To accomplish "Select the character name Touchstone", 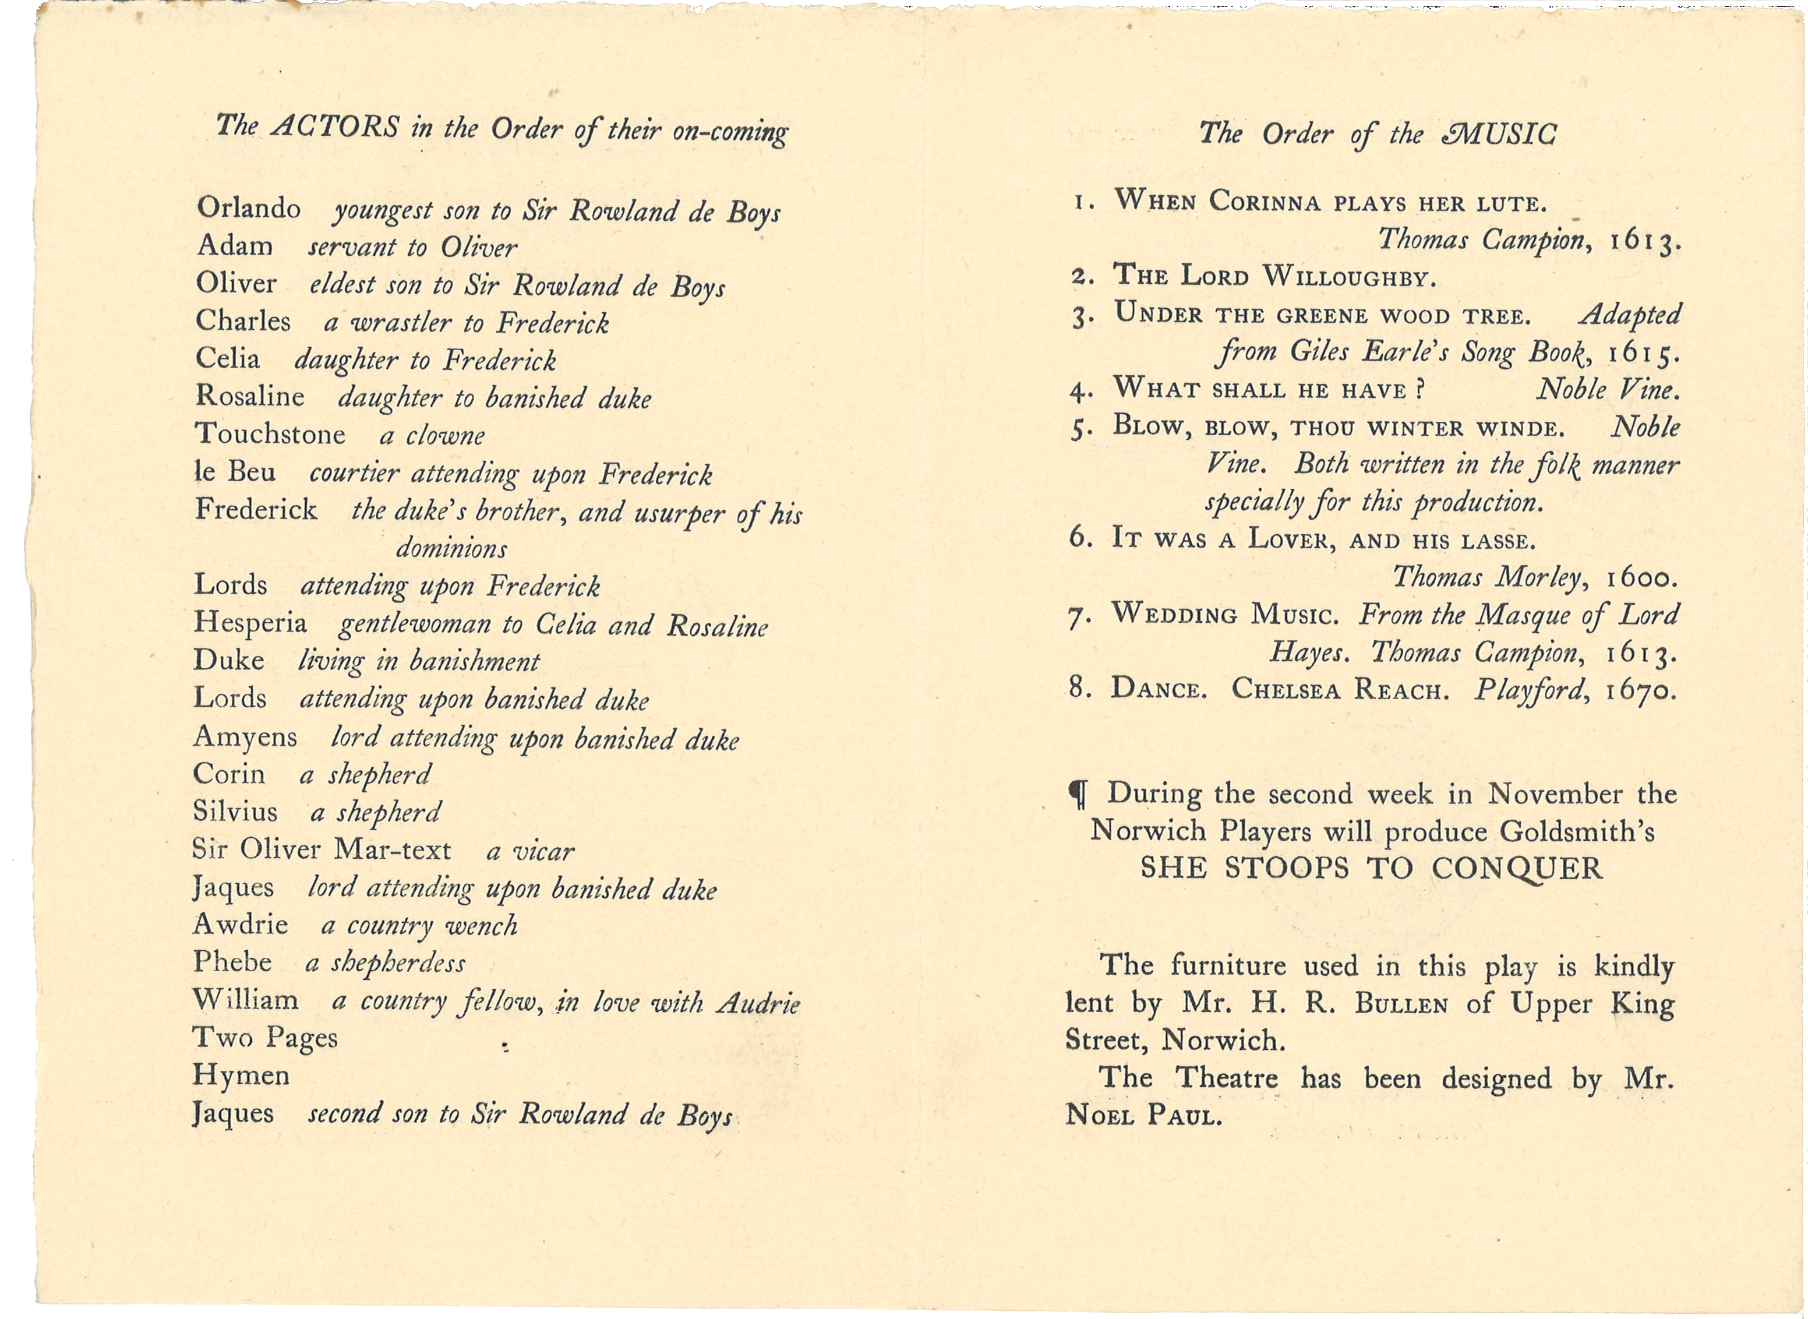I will [x=270, y=435].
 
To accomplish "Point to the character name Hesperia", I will [x=250, y=622].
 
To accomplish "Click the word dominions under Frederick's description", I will [x=452, y=549].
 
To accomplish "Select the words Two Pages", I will [x=264, y=1038].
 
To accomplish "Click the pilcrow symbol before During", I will [x=1078, y=795].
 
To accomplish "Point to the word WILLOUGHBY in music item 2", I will [x=1348, y=278].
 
